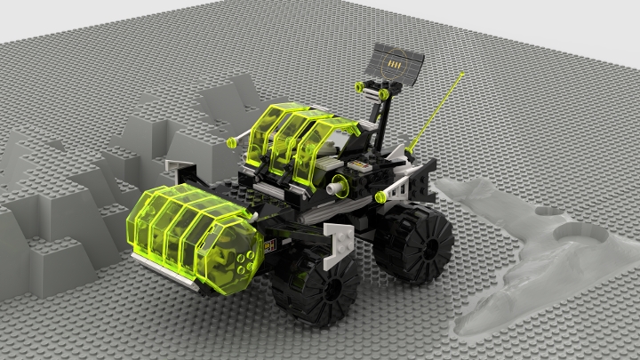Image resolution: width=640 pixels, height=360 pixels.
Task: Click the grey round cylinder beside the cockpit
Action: click(337, 186)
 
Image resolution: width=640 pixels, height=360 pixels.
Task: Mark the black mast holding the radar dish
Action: click(380, 116)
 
